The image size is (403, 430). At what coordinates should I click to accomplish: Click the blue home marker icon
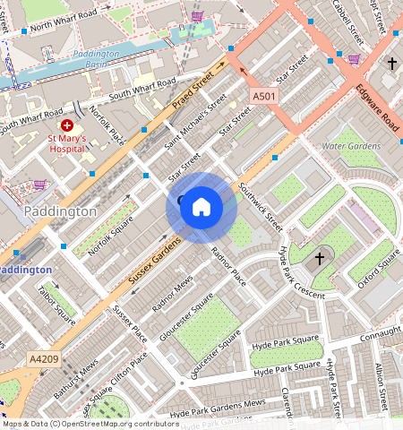click(x=201, y=208)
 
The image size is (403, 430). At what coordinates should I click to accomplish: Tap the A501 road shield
click(x=264, y=96)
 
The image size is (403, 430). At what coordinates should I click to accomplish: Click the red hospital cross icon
click(x=68, y=125)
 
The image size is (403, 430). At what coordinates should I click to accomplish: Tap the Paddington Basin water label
click(x=95, y=57)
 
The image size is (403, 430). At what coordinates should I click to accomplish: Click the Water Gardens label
click(x=347, y=145)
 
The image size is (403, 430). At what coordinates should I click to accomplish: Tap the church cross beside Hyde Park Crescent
click(x=320, y=260)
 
